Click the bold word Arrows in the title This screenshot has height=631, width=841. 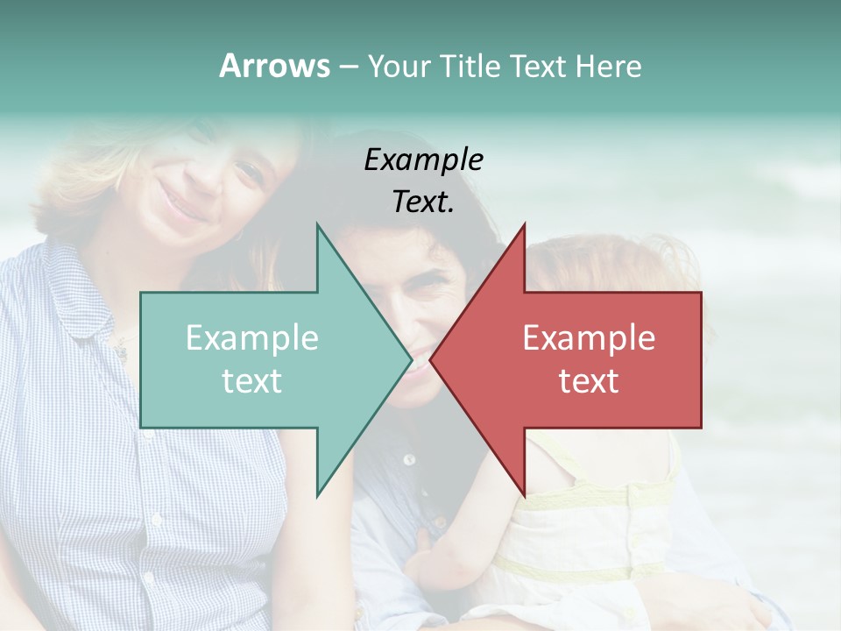274,66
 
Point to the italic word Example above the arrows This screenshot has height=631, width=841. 423,160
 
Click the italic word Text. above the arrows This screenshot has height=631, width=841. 423,202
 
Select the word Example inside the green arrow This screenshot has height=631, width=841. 251,338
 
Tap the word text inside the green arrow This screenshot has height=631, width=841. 251,381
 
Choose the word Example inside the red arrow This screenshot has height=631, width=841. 589,338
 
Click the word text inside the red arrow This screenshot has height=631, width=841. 589,381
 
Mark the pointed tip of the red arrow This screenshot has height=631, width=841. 431,360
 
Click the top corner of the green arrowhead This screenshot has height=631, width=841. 317,224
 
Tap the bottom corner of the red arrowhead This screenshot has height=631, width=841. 524,496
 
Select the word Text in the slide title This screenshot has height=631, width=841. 537,66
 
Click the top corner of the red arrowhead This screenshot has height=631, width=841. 524,224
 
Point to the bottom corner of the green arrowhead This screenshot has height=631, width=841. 317,496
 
